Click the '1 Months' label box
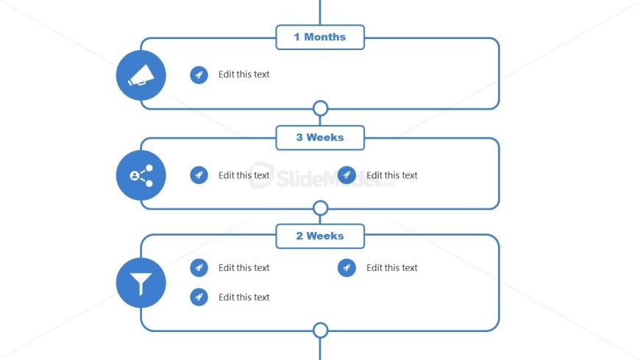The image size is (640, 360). [x=320, y=38]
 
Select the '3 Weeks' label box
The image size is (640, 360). [x=320, y=138]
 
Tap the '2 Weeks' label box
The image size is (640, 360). [x=320, y=236]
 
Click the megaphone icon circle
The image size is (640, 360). [x=141, y=75]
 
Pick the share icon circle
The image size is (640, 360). [x=141, y=175]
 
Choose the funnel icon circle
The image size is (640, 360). [x=141, y=283]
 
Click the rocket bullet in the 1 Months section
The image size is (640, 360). [x=199, y=75]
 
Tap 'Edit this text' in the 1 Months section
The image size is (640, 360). [x=243, y=74]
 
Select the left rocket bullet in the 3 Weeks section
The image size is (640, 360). [x=199, y=175]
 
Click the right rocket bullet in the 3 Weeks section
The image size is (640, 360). [x=346, y=175]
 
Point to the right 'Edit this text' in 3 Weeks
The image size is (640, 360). [x=392, y=175]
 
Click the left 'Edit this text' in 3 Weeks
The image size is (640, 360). [x=243, y=175]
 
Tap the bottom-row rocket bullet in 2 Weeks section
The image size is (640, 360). [x=199, y=297]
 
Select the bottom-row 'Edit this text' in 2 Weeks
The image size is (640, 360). [x=243, y=297]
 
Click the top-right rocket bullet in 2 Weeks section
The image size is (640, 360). [x=346, y=268]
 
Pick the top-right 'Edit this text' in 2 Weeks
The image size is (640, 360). [x=392, y=268]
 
